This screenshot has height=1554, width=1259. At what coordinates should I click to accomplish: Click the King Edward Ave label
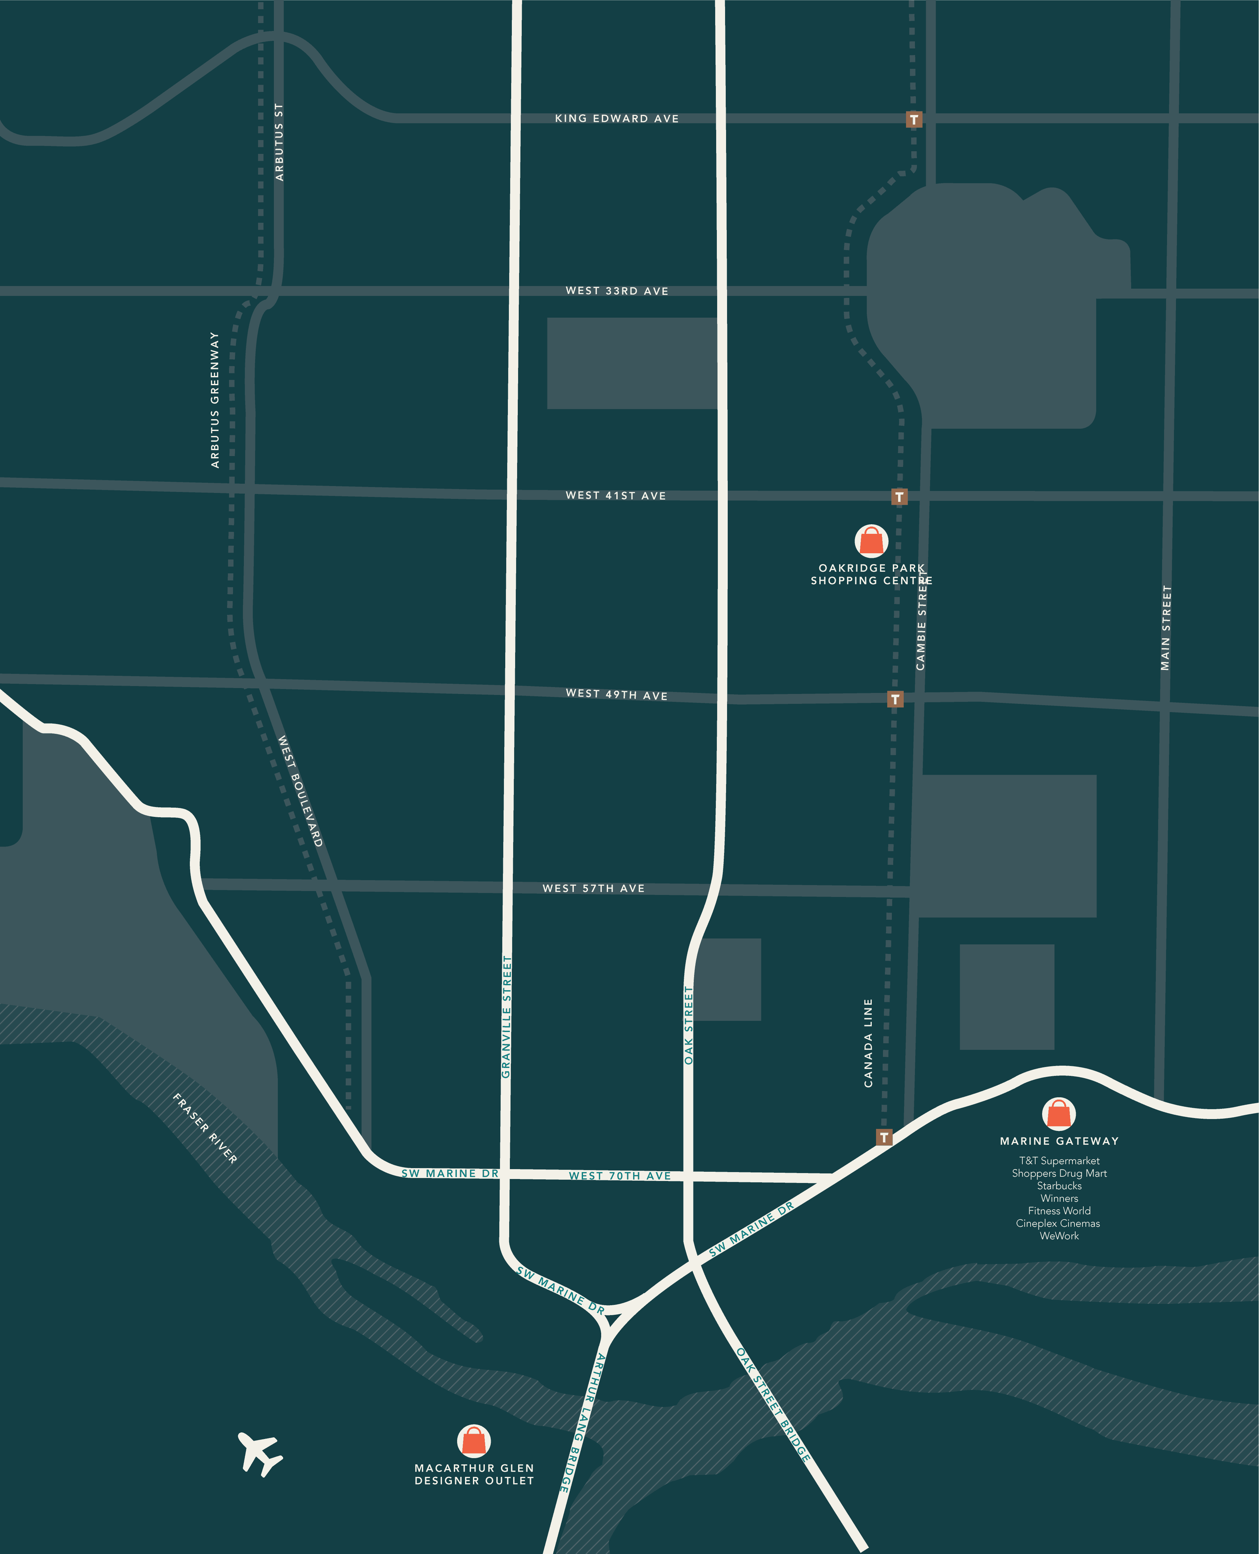point(616,118)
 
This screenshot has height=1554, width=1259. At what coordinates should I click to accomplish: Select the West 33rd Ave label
point(616,291)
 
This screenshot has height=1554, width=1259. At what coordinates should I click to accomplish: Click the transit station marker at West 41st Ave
point(899,497)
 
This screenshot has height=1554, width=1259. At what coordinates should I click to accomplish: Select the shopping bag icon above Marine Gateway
point(1059,1114)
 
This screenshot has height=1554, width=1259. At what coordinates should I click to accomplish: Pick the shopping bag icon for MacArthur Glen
point(474,1440)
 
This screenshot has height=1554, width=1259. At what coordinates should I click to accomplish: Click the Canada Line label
point(868,1043)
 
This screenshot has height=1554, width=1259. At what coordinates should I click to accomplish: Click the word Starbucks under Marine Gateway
point(1059,1186)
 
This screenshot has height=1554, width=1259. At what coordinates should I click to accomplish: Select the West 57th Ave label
point(593,888)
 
